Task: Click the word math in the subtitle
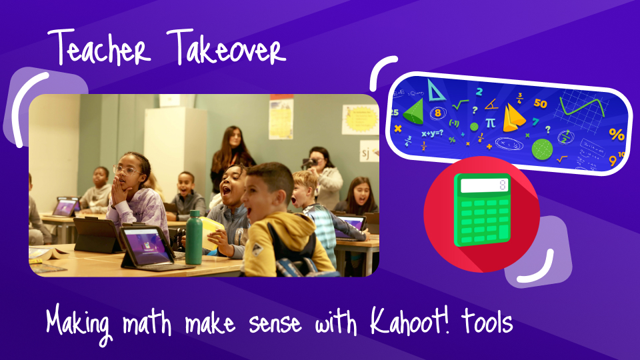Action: [x=151, y=323]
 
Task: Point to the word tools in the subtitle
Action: [x=488, y=323]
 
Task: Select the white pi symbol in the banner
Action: [x=490, y=123]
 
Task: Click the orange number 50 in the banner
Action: [x=540, y=104]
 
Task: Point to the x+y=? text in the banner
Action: [x=433, y=133]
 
